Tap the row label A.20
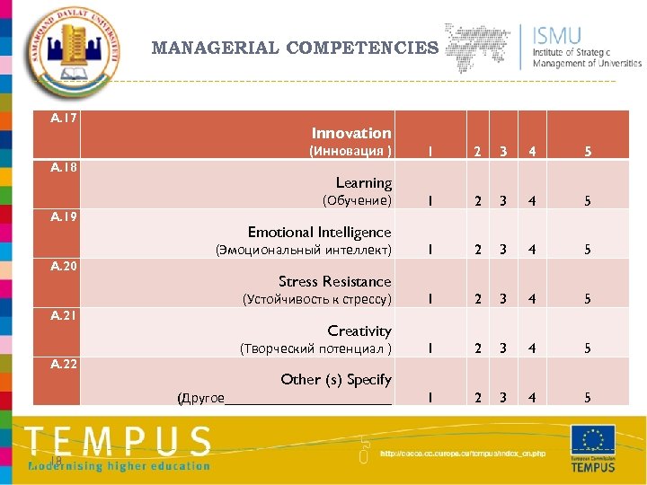(63, 266)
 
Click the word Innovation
(351, 133)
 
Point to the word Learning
(363, 182)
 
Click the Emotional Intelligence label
(319, 232)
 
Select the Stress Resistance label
(334, 281)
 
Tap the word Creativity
(359, 331)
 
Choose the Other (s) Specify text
(335, 379)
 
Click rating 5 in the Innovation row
(588, 152)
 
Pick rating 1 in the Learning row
(430, 201)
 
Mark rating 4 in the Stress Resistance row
(532, 299)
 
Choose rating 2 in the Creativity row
(478, 348)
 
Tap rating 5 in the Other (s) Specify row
(588, 398)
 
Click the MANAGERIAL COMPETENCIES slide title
(295, 48)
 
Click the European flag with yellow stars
(593, 440)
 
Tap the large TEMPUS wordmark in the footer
(118, 442)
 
